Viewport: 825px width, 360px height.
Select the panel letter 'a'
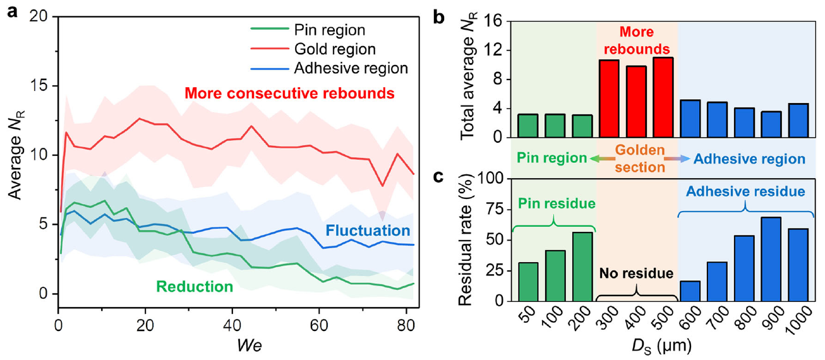pos(12,12)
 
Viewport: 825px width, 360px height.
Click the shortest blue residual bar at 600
pos(690,291)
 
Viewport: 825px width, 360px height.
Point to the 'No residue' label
pos(636,275)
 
